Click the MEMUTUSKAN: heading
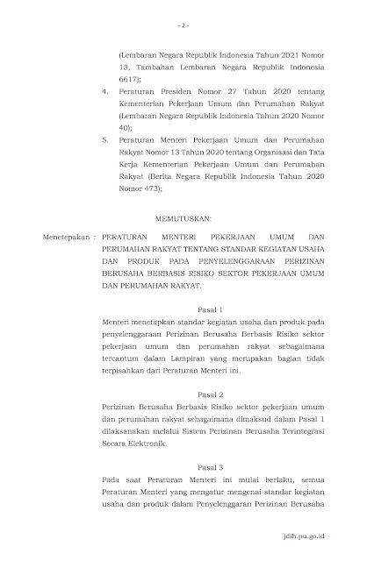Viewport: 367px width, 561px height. click(183, 213)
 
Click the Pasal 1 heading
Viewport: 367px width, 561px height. click(183, 310)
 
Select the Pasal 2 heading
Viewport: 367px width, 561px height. click(183, 395)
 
